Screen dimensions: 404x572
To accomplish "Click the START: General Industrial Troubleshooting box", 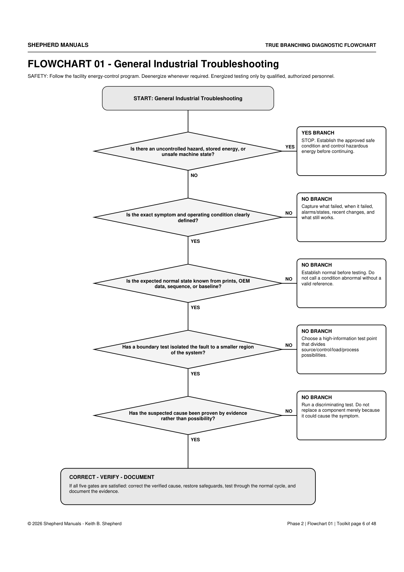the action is coord(188,98).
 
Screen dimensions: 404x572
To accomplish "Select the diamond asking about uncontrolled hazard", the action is coord(188,151).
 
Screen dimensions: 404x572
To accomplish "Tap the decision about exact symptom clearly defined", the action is coord(188,217).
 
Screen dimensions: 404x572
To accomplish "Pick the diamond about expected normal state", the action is coord(188,283).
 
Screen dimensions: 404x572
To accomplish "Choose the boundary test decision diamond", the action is coord(188,350).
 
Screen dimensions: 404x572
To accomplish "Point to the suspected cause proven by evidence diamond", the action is coord(188,415).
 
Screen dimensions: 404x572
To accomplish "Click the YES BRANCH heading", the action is coord(318,133).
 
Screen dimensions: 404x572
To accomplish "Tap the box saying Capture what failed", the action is coord(341,217).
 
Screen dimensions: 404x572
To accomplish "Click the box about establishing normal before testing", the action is coord(341,283).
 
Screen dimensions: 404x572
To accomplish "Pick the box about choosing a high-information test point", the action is coord(341,350).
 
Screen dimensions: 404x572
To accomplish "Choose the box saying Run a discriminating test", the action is coord(341,415).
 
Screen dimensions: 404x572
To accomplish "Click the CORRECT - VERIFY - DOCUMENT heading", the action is coord(112,477).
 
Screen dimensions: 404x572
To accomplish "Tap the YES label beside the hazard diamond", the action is coord(290,147).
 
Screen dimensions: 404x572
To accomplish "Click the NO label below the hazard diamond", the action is coord(194,175).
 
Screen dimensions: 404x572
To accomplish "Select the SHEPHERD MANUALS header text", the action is coord(58,45).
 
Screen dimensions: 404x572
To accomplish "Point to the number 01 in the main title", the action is coord(99,64).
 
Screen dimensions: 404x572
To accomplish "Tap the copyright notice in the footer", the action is coord(75,523).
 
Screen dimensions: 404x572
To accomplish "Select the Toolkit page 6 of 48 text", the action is coord(356,523).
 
